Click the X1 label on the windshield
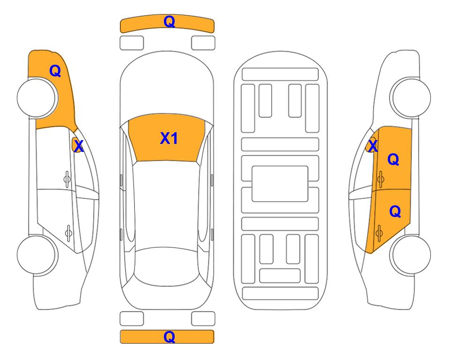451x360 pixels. point(169,138)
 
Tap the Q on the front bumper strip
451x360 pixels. point(169,22)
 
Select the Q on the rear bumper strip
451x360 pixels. point(169,337)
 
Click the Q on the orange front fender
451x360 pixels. point(55,71)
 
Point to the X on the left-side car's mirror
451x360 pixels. point(79,146)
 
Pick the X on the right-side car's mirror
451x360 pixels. point(373,146)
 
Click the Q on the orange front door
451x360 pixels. point(393,159)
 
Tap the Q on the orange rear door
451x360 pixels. point(395,212)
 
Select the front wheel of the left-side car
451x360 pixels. point(37,97)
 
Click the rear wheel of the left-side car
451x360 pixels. point(37,255)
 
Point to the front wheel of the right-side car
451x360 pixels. point(411,97)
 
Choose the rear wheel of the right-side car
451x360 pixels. point(411,255)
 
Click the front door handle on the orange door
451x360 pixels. point(380,179)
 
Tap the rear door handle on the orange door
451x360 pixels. point(379,233)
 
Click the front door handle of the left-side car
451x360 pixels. point(67,179)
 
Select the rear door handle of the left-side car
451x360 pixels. point(68,233)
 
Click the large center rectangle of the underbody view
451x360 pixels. point(280,184)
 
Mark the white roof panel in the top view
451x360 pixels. point(167,204)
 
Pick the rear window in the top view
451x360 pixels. point(167,267)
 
